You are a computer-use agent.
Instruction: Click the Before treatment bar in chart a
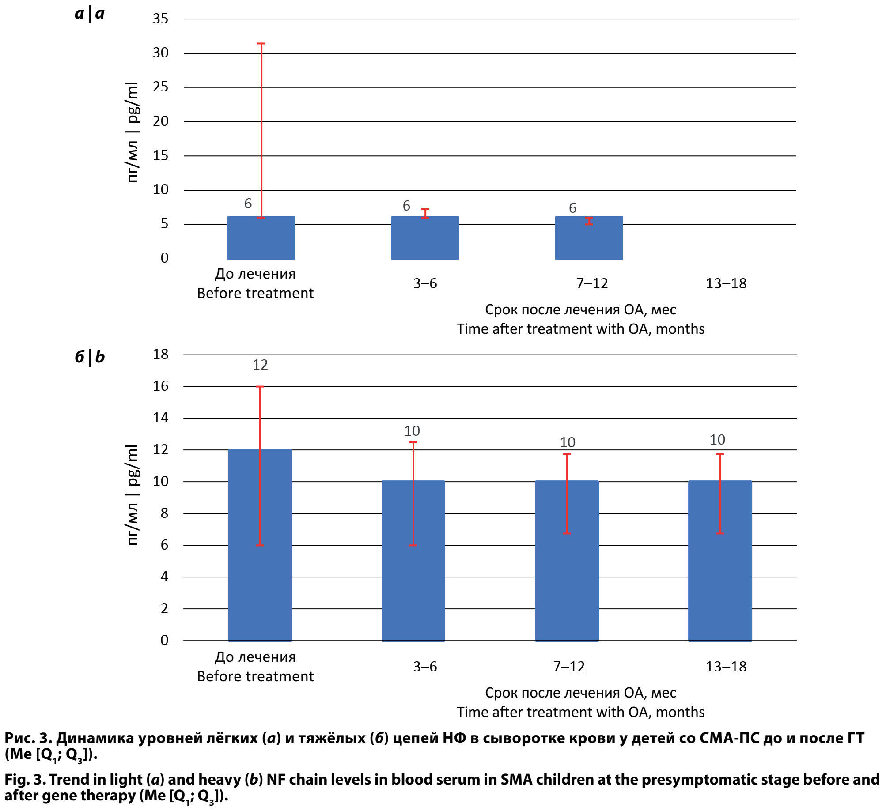[x=261, y=238]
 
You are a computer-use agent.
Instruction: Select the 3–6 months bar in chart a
[x=425, y=238]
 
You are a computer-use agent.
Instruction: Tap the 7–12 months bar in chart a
[x=589, y=238]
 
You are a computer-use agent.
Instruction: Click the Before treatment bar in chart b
[x=260, y=545]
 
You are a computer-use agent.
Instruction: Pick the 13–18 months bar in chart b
[x=720, y=561]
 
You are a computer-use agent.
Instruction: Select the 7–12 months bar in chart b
[x=567, y=561]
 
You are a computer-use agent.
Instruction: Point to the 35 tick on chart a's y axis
[x=161, y=19]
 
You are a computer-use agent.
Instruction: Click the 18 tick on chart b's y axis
[x=161, y=355]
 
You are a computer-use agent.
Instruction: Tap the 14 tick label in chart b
[x=161, y=418]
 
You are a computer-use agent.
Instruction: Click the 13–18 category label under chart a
[x=726, y=283]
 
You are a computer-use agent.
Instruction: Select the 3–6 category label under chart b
[x=425, y=667]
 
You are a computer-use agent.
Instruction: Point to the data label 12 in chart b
[x=260, y=365]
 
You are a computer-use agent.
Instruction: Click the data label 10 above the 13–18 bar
[x=717, y=440]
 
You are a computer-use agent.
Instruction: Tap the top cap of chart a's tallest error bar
[x=261, y=44]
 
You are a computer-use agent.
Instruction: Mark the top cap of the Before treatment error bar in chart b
[x=260, y=387]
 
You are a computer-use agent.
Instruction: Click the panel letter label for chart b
[x=90, y=357]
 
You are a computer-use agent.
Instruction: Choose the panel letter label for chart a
[x=90, y=14]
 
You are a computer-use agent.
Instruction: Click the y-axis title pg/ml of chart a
[x=133, y=132]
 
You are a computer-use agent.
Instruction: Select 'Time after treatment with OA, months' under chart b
[x=580, y=713]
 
